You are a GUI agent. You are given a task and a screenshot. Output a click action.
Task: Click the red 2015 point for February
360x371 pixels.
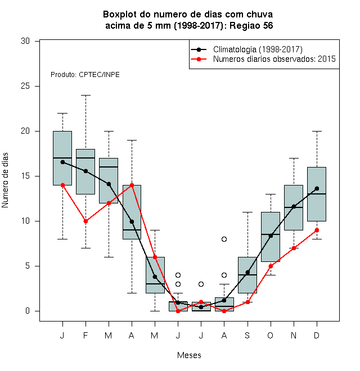click(x=85, y=221)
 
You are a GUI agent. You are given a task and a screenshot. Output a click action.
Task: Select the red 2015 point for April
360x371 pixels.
click(x=132, y=185)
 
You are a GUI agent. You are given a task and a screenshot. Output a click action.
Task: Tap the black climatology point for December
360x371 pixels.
click(x=317, y=188)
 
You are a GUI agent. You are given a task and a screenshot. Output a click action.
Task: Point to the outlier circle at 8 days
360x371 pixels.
click(x=224, y=239)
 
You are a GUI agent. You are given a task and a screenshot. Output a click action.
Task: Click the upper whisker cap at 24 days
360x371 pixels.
click(x=85, y=96)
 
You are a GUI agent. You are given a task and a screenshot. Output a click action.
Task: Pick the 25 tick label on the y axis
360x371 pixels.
click(x=25, y=86)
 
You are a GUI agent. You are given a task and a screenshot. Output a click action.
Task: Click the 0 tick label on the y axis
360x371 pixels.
click(x=28, y=311)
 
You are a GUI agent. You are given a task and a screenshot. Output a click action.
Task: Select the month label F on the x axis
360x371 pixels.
click(x=85, y=335)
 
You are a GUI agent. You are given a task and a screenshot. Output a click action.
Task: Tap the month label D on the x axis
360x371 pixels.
click(x=317, y=335)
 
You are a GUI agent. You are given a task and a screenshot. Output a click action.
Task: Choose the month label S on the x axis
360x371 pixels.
click(x=247, y=335)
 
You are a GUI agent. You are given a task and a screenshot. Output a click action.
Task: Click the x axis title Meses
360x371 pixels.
click(x=189, y=355)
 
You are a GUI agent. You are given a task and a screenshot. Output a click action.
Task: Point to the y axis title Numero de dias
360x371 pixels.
click(x=5, y=180)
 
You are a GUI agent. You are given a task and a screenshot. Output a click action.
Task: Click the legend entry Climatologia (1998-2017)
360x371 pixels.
click(x=258, y=49)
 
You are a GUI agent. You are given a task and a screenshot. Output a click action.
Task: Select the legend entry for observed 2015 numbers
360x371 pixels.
click(x=274, y=59)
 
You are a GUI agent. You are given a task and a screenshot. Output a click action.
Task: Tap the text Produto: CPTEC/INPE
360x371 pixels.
click(x=85, y=75)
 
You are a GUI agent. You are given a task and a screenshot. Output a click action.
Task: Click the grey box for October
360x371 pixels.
click(x=271, y=237)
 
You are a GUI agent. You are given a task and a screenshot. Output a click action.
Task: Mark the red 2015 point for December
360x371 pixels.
click(x=317, y=230)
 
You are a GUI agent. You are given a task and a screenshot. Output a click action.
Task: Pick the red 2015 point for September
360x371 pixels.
click(x=247, y=302)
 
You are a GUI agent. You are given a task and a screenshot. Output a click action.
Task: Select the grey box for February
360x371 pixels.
click(x=85, y=172)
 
